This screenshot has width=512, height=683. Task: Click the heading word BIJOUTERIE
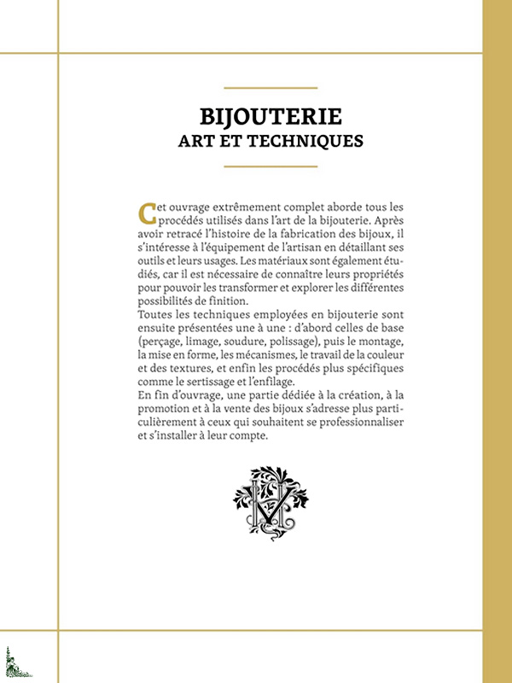tap(270, 115)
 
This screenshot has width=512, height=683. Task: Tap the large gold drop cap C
tap(147, 212)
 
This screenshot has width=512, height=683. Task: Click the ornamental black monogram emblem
tap(271, 503)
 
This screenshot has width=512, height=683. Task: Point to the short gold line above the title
tap(270, 88)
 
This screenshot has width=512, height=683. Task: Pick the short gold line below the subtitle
tap(270, 166)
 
